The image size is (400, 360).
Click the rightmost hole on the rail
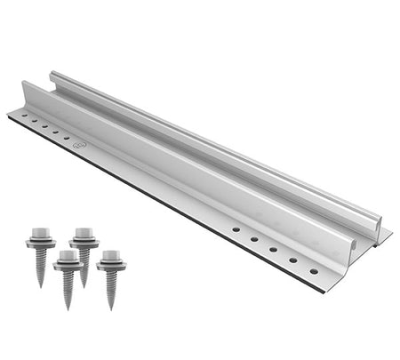(x=314, y=271)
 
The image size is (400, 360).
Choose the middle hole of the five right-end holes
(x=273, y=249)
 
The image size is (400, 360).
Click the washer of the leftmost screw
(x=41, y=242)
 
